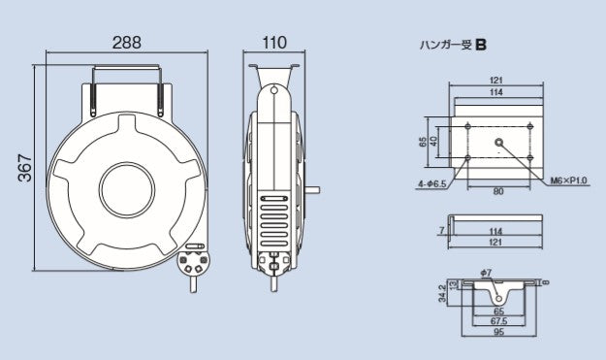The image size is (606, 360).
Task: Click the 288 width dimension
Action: [125, 43]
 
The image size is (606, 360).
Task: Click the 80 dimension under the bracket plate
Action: [497, 191]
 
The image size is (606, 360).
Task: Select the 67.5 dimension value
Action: [497, 319]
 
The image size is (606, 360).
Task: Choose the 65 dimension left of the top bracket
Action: [423, 142]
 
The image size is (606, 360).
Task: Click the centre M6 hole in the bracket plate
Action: [498, 142]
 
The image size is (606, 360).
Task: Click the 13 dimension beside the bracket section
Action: [453, 285]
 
